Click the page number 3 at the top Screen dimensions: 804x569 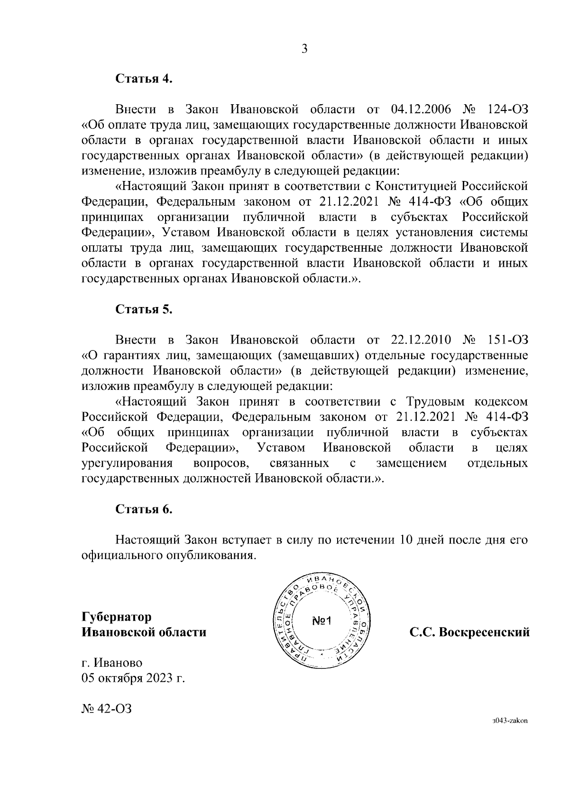click(x=304, y=49)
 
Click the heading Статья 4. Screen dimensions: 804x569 click(x=144, y=79)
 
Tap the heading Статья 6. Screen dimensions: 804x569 click(x=144, y=509)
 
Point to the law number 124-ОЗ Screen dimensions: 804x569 click(x=507, y=110)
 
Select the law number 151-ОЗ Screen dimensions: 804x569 click(x=507, y=340)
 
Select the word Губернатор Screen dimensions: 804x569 click(x=117, y=617)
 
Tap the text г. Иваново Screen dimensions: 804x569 click(x=112, y=663)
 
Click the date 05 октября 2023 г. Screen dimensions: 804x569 click(x=133, y=678)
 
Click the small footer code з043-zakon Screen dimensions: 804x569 click(x=510, y=734)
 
